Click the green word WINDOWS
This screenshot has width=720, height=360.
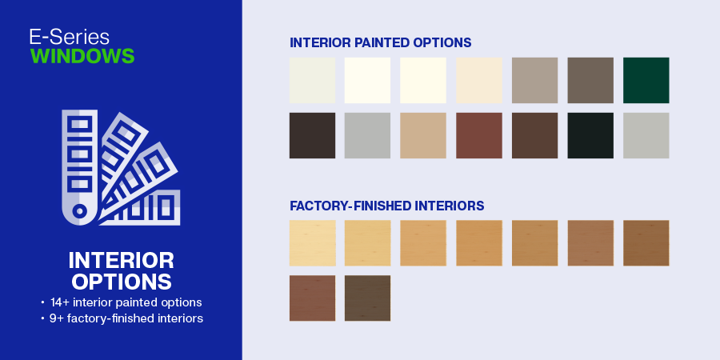(x=82, y=56)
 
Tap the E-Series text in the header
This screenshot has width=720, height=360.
(x=70, y=37)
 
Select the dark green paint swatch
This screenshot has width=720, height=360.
(x=646, y=80)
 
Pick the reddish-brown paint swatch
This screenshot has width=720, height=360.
(x=479, y=135)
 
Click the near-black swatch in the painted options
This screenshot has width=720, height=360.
(x=590, y=135)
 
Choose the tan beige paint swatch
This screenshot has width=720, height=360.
(x=423, y=135)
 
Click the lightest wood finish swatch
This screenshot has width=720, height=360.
(x=312, y=243)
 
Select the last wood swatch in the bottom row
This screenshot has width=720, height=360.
(x=367, y=298)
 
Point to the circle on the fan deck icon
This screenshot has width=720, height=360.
(x=80, y=211)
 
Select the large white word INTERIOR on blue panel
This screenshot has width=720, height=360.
(x=122, y=260)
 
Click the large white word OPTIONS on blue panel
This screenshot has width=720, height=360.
(x=122, y=281)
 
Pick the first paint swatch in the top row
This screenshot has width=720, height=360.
(x=312, y=80)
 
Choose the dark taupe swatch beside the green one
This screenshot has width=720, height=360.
(x=590, y=80)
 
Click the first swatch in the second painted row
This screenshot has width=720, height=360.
(x=312, y=135)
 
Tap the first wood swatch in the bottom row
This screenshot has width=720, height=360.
(x=312, y=298)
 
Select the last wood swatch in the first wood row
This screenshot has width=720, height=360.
(x=646, y=243)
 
